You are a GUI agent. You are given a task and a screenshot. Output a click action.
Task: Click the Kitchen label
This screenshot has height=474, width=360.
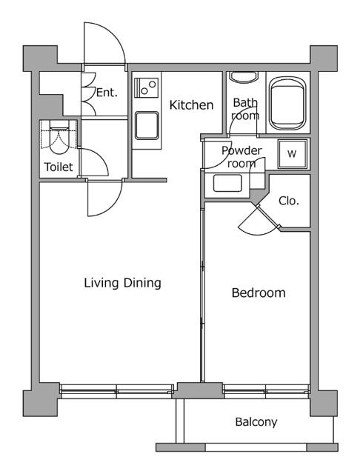click(191, 105)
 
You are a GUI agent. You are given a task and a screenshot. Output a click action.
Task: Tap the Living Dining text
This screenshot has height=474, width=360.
click(122, 283)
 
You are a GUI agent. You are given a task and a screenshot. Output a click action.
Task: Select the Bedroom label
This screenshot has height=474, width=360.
click(259, 293)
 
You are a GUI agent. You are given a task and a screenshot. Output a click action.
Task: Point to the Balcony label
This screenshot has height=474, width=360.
click(256, 422)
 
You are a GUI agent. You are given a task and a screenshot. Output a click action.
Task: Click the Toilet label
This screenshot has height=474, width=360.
click(59, 167)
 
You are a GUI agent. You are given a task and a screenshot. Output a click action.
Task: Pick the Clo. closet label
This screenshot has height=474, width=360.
click(289, 201)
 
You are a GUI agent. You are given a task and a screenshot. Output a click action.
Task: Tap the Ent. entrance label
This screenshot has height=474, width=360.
click(107, 93)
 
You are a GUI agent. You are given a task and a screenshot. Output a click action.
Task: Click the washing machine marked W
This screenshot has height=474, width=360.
click(292, 154)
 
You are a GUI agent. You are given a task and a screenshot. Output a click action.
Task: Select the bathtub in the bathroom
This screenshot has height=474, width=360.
click(287, 103)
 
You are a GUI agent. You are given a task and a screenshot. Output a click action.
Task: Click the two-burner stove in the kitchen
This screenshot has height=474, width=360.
click(147, 87)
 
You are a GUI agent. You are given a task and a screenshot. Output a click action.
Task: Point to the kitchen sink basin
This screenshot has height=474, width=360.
click(147, 126)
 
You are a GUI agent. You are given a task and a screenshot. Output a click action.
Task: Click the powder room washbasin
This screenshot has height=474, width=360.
click(227, 183)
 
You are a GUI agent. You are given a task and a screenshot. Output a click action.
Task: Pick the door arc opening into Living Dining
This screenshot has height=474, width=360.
click(112, 206)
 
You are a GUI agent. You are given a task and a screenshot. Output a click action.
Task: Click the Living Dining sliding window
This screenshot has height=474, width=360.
click(116, 391)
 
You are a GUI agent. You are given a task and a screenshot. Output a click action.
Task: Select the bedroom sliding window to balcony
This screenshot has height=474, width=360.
click(267, 391)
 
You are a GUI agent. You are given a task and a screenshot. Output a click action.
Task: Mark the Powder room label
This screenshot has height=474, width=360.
click(241, 157)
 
